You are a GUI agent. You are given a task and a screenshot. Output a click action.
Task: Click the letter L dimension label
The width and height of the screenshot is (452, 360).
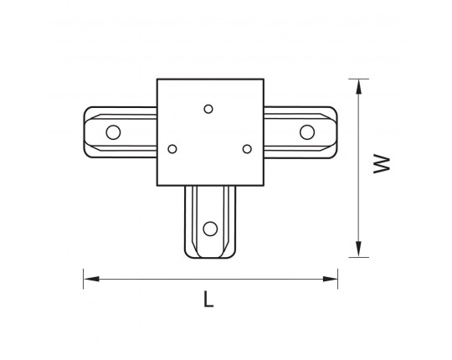tap(208, 299)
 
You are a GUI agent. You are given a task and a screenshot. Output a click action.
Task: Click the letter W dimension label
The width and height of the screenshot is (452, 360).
tap(382, 164)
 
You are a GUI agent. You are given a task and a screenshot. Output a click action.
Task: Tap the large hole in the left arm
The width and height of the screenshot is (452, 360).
tap(113, 132)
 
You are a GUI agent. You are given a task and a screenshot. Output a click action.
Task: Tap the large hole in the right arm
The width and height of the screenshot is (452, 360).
tap(307, 132)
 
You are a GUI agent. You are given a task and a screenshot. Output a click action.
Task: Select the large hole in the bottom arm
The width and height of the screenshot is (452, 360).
tap(210, 229)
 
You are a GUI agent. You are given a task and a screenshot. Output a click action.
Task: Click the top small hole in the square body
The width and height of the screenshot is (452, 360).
tap(208, 109)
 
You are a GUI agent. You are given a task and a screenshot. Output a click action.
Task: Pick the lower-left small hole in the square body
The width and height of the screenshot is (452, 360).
tap(172, 149)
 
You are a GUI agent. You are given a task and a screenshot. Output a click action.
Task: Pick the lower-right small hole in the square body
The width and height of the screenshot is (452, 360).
tap(247, 149)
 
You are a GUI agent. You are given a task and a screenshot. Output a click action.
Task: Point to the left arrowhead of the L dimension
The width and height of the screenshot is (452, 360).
tap(91, 279)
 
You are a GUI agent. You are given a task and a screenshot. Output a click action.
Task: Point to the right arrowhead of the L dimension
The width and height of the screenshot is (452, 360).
tap(330, 279)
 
